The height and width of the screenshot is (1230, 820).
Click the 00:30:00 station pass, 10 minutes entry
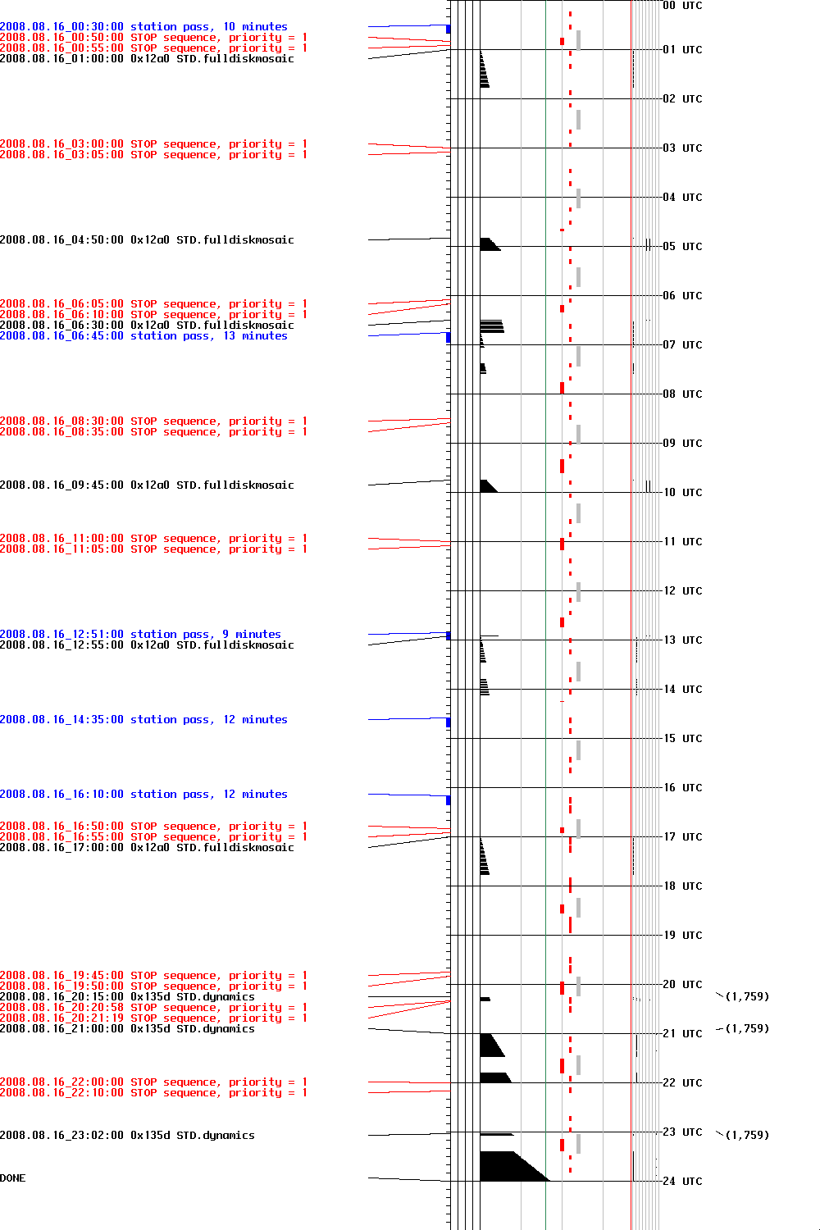tap(143, 27)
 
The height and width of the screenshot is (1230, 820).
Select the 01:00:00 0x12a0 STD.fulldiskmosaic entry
tap(147, 59)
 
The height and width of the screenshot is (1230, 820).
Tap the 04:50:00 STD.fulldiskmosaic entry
tap(147, 240)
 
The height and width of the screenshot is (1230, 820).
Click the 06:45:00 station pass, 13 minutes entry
tap(143, 336)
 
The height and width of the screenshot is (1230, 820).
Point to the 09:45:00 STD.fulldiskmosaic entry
tap(147, 485)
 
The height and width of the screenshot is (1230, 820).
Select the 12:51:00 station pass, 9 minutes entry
tap(140, 635)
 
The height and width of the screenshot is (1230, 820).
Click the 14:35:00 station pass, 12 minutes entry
tap(143, 720)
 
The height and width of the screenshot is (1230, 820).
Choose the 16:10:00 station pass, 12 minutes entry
tap(143, 795)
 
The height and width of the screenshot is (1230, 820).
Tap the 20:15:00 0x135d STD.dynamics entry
tap(127, 997)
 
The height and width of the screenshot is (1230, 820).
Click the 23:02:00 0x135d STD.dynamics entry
tap(127, 1136)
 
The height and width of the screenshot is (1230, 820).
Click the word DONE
tap(13, 1178)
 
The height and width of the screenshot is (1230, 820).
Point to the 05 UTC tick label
tap(682, 247)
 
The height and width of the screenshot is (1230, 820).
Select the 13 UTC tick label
tap(682, 640)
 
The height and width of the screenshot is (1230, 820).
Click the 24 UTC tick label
tap(682, 1182)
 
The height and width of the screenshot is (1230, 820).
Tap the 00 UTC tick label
tap(682, 6)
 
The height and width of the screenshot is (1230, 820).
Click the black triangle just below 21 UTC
tap(490, 1045)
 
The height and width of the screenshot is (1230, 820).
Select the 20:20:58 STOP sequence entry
tap(153, 1008)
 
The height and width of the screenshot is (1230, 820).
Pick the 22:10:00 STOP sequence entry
tap(153, 1093)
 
